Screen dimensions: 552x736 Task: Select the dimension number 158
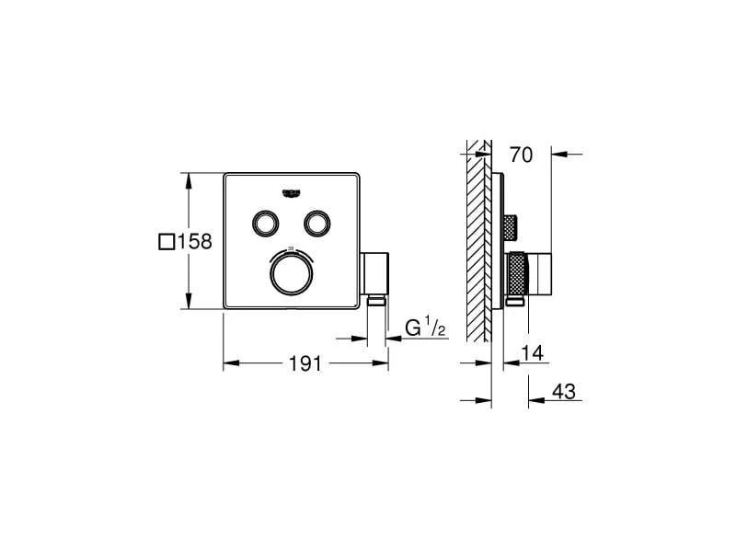point(194,242)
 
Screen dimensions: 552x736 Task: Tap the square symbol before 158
point(166,242)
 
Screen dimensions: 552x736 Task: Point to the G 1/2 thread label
point(425,328)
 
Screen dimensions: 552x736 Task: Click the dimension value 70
point(521,155)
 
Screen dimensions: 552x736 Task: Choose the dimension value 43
point(564,391)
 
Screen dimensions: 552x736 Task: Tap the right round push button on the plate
point(317,222)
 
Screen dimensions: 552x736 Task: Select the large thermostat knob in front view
point(292,272)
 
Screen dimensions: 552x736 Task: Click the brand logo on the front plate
point(292,190)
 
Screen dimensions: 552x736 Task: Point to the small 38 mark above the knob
point(292,247)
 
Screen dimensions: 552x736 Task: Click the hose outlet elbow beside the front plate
point(375,271)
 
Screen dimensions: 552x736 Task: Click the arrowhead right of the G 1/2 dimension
point(393,339)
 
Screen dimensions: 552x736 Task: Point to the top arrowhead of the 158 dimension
point(190,178)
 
